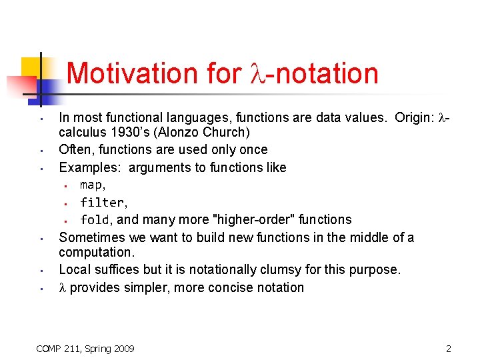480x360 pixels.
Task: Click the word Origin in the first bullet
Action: point(415,118)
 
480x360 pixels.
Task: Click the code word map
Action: point(91,185)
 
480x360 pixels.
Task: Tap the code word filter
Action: point(102,202)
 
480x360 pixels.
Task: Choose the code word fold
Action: point(95,219)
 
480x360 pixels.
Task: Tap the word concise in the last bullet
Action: point(240,288)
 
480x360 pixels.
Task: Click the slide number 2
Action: point(449,348)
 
